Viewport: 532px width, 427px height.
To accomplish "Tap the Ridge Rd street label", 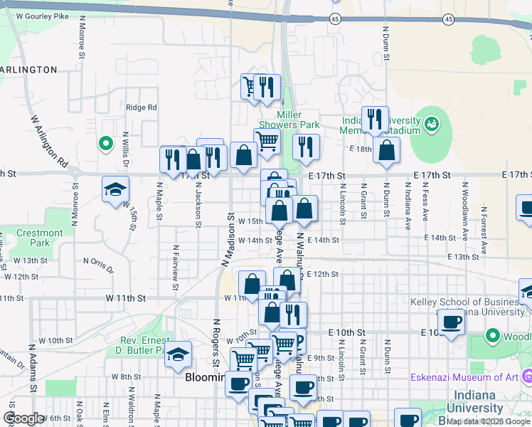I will click(141, 107).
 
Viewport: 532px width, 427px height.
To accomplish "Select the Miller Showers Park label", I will click(299, 120).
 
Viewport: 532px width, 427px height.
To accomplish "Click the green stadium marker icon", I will click(431, 125).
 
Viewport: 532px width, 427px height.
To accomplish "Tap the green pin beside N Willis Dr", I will click(106, 144).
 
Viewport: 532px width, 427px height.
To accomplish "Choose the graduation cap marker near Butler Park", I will click(178, 354).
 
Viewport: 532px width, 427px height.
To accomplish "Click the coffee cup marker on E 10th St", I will click(451, 321).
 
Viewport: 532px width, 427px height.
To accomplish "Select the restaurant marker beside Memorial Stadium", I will click(374, 119).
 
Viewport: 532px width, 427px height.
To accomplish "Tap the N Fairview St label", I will click(175, 268).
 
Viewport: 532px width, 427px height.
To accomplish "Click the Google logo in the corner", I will click(23, 418).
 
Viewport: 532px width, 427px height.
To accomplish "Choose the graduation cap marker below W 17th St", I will click(115, 189).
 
